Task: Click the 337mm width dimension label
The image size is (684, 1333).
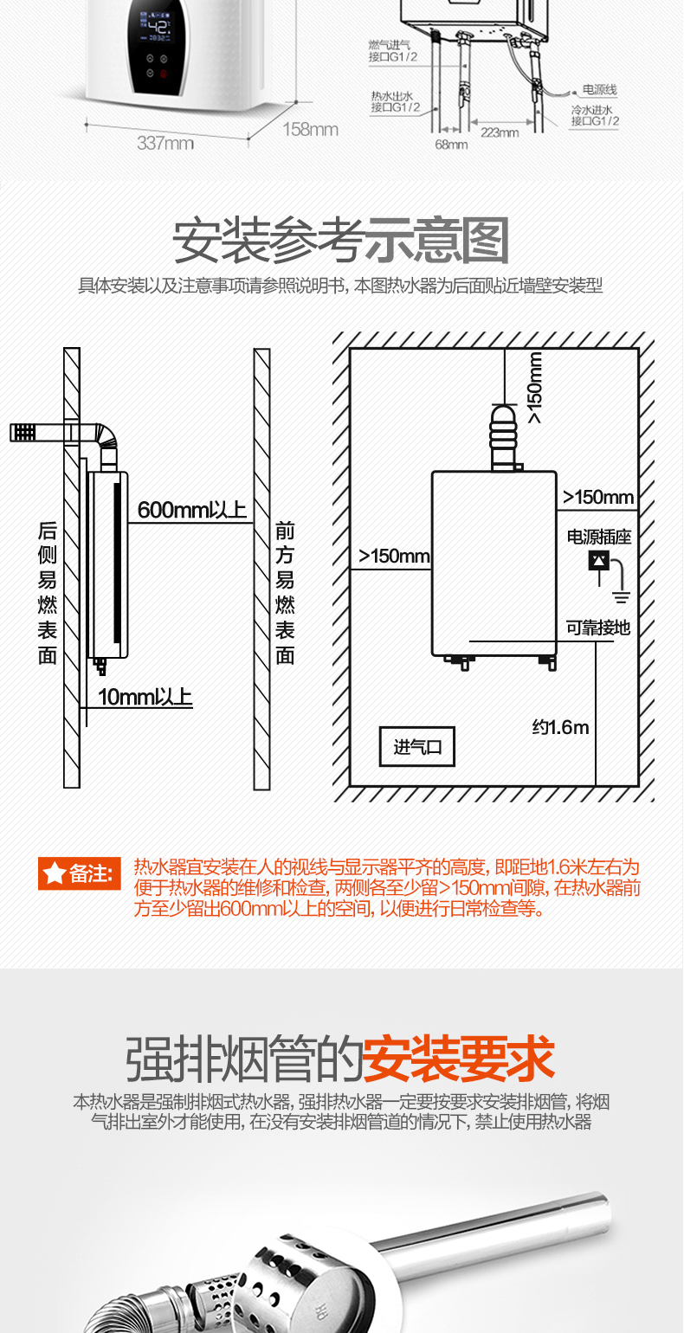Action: (165, 144)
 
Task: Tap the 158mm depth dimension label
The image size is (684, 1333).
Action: (310, 130)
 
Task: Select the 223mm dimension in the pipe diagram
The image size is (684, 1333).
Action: (500, 132)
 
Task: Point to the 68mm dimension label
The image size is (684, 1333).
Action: (451, 145)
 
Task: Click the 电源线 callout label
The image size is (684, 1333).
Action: (599, 90)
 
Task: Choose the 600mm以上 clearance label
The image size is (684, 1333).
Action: (191, 510)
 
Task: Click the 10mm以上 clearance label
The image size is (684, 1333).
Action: (145, 696)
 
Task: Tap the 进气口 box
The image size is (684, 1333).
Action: (417, 747)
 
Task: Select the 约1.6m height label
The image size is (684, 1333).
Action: (560, 727)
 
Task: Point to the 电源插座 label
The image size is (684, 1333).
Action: (599, 537)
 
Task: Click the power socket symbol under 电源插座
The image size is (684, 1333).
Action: (598, 561)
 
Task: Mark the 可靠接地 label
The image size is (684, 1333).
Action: (598, 628)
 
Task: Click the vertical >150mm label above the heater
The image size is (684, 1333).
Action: (535, 387)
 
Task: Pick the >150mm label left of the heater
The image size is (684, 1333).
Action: (394, 556)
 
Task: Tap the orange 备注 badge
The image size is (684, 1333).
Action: (77, 873)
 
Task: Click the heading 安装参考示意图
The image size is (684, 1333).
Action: (341, 241)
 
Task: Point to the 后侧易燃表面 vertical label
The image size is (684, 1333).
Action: (48, 593)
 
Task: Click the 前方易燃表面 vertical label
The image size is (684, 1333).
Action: (285, 593)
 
